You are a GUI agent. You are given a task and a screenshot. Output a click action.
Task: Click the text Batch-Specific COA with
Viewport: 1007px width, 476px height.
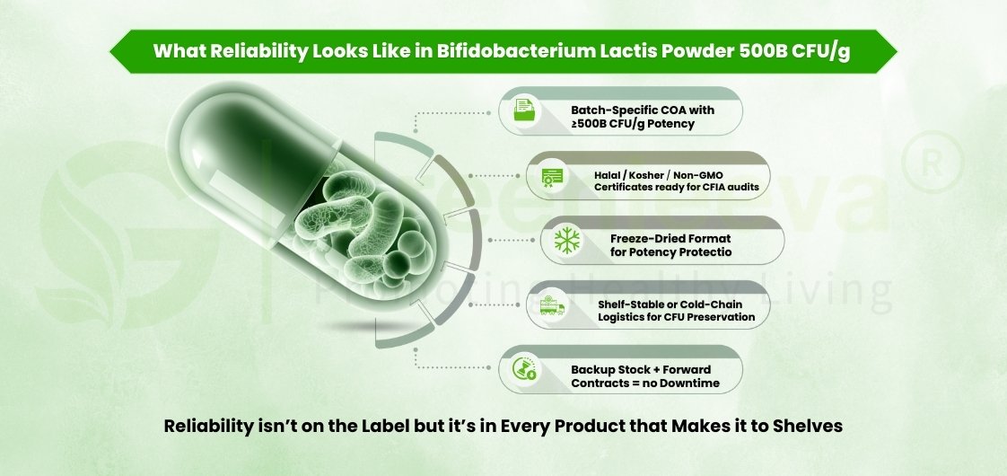(643, 109)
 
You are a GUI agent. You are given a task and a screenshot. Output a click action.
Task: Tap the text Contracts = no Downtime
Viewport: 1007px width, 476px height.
(644, 383)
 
